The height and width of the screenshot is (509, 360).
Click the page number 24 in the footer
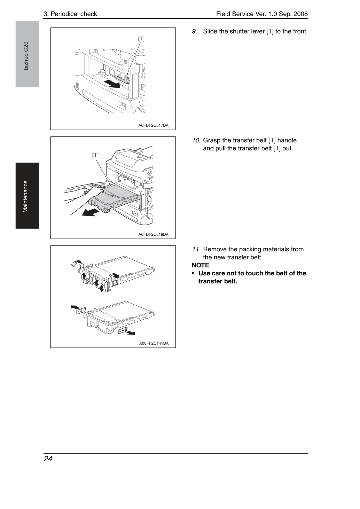[x=48, y=459]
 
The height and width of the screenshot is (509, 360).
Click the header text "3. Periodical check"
[x=70, y=14]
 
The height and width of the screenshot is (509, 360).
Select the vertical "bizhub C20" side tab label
[x=26, y=56]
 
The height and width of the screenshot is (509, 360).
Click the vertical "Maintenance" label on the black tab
[x=25, y=197]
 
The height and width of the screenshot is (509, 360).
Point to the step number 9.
[x=194, y=31]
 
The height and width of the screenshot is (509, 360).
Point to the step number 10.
[x=196, y=140]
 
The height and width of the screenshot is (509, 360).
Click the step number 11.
[x=196, y=249]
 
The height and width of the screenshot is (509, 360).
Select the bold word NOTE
[x=200, y=265]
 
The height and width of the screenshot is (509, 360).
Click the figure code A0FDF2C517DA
[x=154, y=125]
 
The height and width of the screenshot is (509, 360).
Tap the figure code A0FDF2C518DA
[x=154, y=234]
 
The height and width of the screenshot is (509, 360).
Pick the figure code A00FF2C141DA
[x=154, y=343]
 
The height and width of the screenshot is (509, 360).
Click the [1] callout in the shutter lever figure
[x=141, y=39]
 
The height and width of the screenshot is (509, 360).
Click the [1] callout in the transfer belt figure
[x=95, y=155]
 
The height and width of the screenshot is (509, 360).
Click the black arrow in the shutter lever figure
[x=112, y=84]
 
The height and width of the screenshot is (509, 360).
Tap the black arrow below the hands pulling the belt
[x=91, y=213]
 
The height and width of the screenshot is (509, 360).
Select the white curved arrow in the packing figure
[x=77, y=263]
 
